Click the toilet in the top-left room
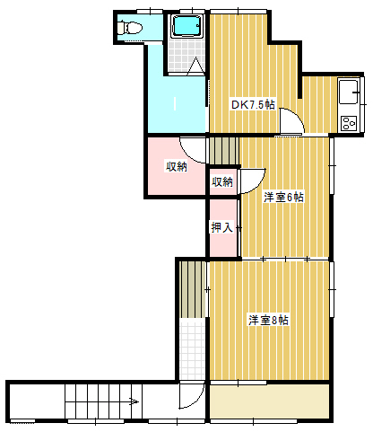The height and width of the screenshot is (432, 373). (129, 28)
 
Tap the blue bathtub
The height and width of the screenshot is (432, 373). (187, 26)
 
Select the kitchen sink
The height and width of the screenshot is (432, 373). (349, 91)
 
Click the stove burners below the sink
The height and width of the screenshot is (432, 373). (349, 123)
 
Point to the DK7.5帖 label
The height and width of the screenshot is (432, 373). (253, 105)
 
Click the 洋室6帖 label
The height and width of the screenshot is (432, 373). (283, 198)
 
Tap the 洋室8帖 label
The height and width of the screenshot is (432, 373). (268, 320)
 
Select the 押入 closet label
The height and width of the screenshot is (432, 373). (221, 227)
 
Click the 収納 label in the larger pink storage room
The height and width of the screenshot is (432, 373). (177, 166)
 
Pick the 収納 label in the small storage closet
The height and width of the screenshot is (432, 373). (222, 181)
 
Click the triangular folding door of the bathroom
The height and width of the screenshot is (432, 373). (195, 65)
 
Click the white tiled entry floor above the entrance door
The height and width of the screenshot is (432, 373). (193, 348)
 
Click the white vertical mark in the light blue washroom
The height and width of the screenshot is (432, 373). (175, 103)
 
